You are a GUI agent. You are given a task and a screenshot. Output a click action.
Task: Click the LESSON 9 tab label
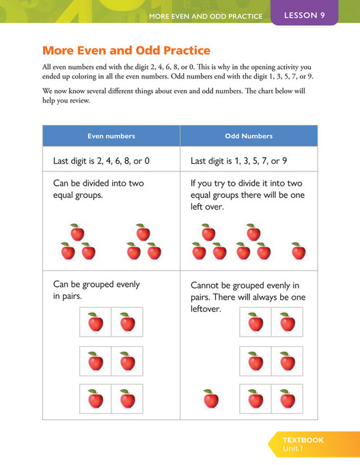(304, 15)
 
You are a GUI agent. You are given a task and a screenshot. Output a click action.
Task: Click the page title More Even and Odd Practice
(126, 51)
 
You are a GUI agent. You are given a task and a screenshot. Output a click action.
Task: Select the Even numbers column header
(111, 136)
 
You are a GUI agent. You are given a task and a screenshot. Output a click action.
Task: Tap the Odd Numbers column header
(249, 136)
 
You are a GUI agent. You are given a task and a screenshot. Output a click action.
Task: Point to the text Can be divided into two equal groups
(98, 189)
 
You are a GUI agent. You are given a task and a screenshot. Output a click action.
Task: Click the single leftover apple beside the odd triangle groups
(299, 251)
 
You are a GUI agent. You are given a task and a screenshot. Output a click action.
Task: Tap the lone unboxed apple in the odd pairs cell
(211, 398)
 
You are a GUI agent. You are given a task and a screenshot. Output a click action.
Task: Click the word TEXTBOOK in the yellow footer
(303, 440)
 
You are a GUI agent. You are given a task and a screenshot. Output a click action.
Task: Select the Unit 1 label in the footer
(294, 449)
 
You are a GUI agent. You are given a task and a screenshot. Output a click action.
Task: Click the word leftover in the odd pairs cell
(206, 309)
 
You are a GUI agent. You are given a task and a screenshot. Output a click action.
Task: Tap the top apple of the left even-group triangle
(77, 233)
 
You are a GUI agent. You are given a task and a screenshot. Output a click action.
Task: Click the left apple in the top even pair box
(96, 322)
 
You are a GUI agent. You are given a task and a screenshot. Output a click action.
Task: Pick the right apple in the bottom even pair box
(127, 398)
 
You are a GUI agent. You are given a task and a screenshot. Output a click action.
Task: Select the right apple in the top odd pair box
(287, 322)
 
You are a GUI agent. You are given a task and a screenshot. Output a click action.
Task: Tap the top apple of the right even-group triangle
(143, 233)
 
